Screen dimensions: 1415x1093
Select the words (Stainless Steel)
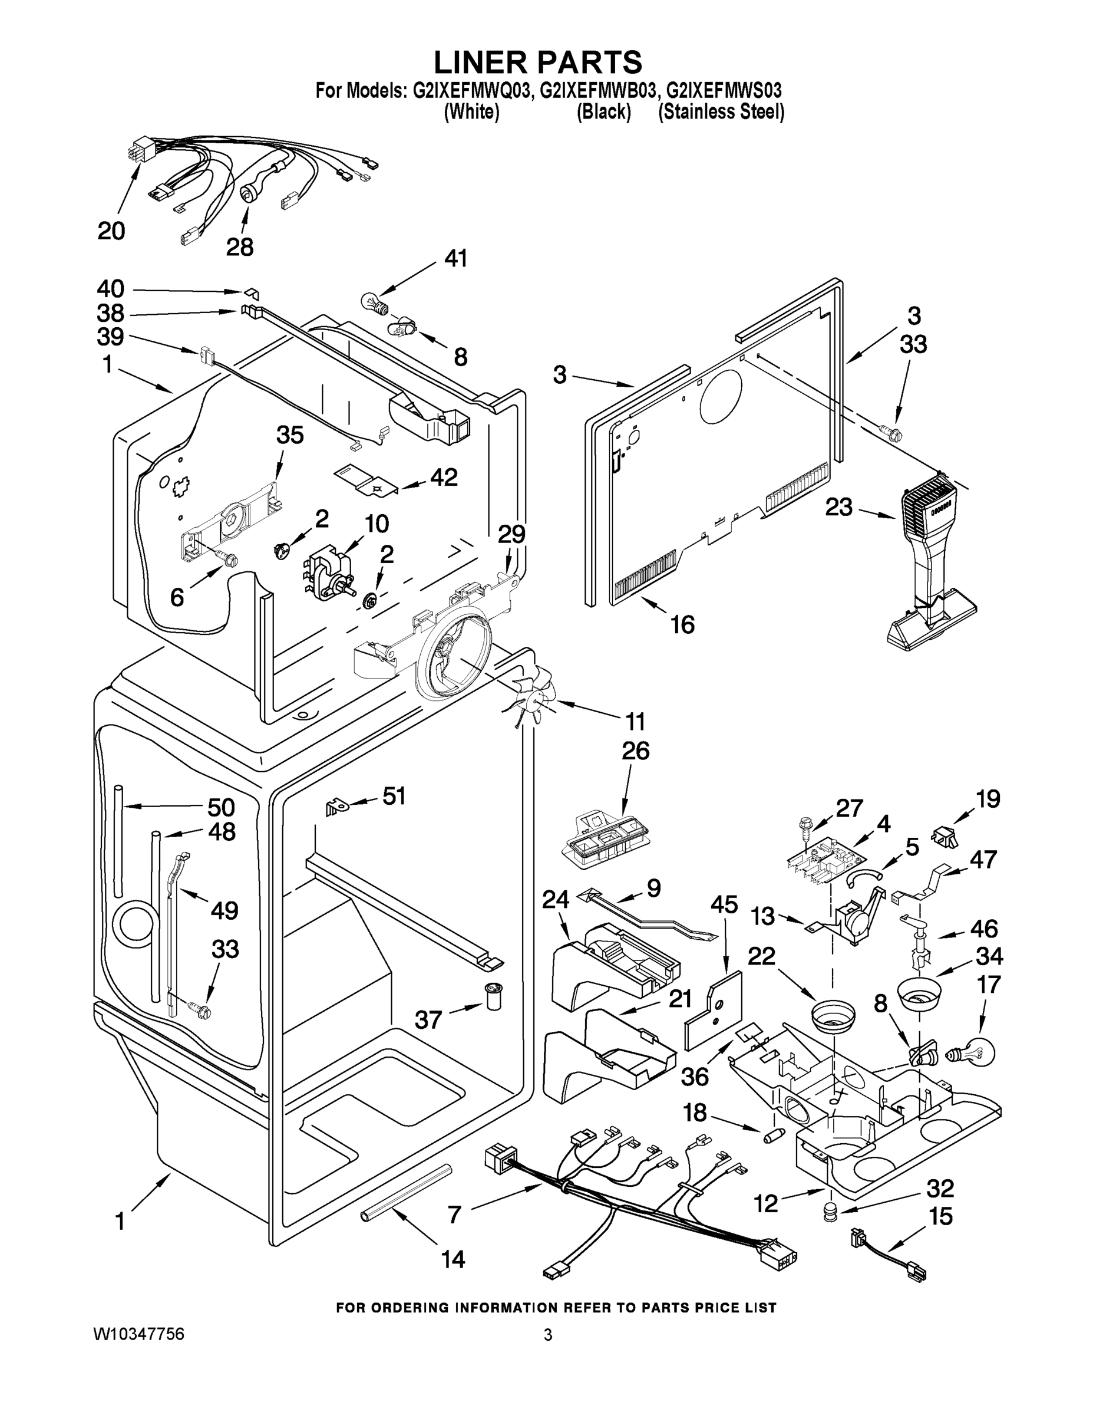721,112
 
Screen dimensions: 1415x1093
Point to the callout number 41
455,258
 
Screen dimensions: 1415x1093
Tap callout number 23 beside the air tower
838,507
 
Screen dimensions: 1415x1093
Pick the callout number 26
635,751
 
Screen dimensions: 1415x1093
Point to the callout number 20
111,231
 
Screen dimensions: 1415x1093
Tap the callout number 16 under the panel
682,624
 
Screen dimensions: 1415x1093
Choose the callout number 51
394,795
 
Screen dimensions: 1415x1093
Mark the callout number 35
289,435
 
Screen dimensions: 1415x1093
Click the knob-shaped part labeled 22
833,1016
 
